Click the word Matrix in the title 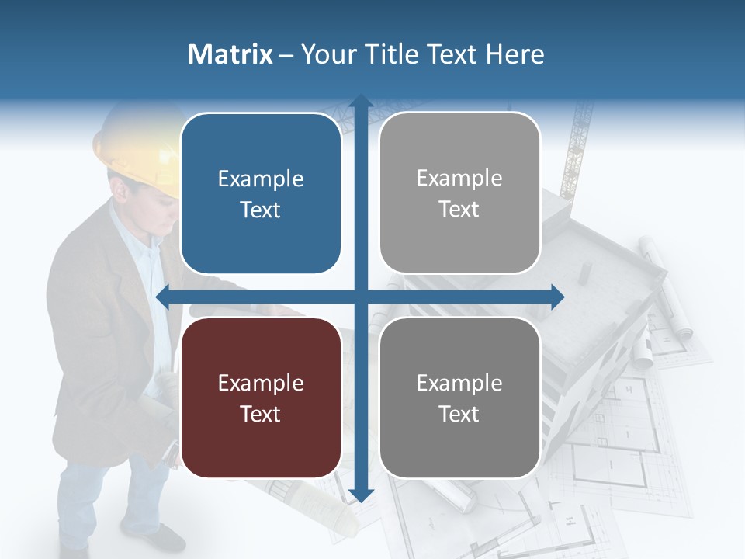pyautogui.click(x=230, y=54)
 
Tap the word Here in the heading pyautogui.click(x=515, y=54)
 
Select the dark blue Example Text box pyautogui.click(x=261, y=193)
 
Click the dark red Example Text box pyautogui.click(x=261, y=398)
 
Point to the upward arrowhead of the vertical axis pyautogui.click(x=360, y=102)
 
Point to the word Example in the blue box pyautogui.click(x=261, y=179)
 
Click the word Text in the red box pyautogui.click(x=261, y=414)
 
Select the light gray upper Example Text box pyautogui.click(x=459, y=193)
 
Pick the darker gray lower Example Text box pyautogui.click(x=459, y=398)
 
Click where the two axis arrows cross pyautogui.click(x=360, y=297)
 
